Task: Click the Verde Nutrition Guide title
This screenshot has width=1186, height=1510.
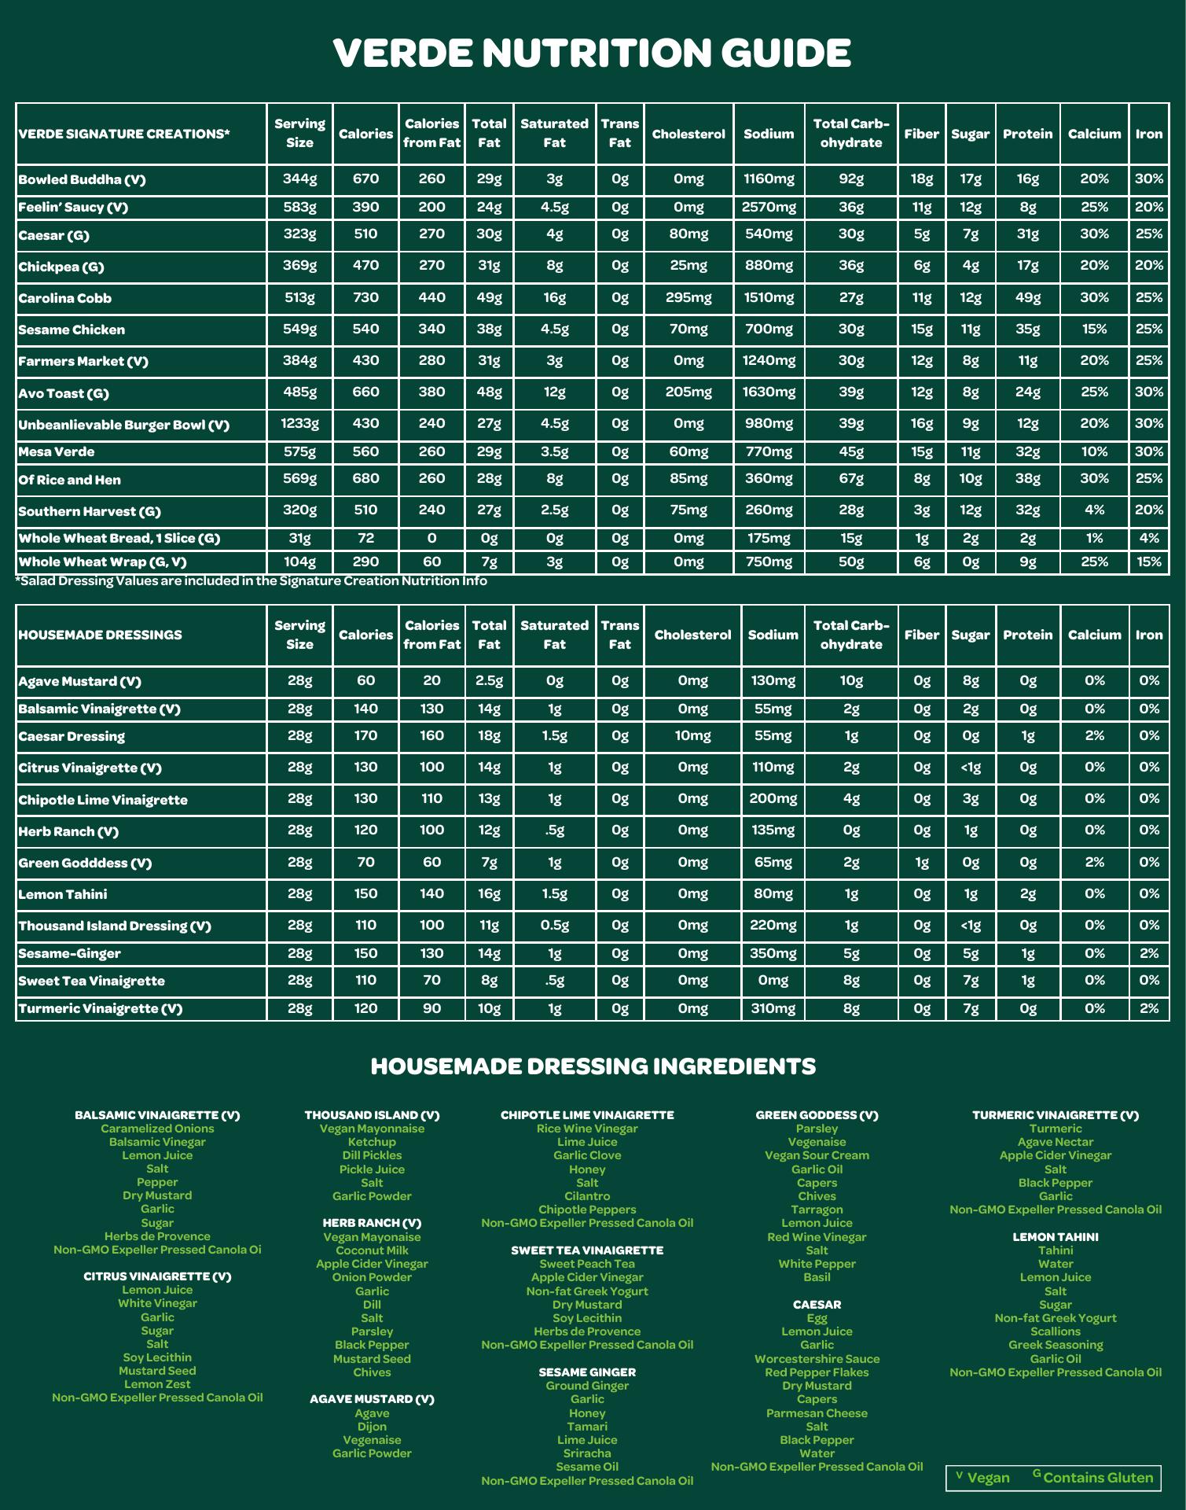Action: [592, 53]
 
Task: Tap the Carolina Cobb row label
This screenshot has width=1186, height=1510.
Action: [65, 298]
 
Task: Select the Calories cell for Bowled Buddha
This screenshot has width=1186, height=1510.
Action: [365, 179]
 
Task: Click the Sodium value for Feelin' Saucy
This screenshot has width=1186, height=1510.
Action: [769, 207]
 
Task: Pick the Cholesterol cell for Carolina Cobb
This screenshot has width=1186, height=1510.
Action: [688, 297]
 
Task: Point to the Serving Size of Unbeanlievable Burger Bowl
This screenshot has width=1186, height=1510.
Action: [299, 423]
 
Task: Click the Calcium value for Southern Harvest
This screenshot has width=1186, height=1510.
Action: [1094, 510]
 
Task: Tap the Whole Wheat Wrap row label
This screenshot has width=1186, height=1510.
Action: [102, 562]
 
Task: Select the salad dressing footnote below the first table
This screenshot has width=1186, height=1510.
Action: [252, 581]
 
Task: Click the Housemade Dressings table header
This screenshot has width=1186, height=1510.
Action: [100, 635]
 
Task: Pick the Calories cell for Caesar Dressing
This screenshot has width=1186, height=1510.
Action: [365, 736]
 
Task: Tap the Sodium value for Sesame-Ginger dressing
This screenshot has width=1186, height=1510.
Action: [773, 953]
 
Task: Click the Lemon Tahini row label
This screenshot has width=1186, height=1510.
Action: [63, 894]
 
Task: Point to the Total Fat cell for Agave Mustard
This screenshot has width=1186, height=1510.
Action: [489, 680]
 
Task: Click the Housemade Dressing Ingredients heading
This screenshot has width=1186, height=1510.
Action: [593, 1066]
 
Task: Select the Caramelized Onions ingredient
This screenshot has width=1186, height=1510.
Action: [157, 1129]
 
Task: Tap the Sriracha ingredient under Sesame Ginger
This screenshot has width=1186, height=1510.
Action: [587, 1453]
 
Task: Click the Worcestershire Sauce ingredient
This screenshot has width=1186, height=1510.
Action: [817, 1359]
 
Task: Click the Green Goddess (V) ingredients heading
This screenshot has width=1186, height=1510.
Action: [817, 1115]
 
